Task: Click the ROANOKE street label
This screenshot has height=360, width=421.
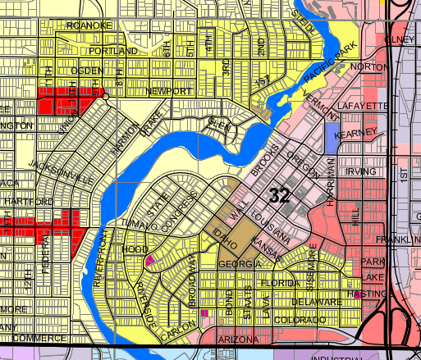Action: click(89, 25)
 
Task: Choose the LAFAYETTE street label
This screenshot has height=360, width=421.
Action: click(363, 107)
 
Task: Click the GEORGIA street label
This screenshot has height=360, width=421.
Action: click(239, 264)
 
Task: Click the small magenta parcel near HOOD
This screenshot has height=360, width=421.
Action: click(149, 260)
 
